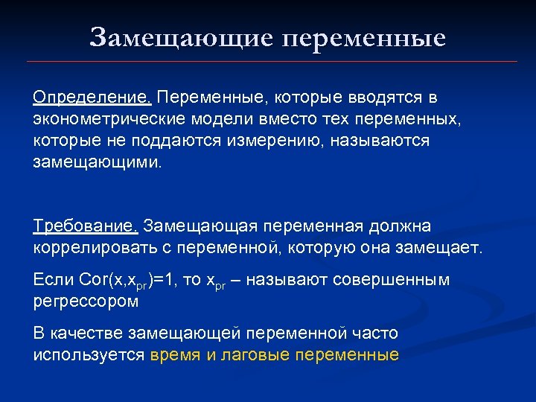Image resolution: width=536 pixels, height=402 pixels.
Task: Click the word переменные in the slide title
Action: click(x=364, y=36)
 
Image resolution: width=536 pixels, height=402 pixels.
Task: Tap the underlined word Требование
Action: click(x=86, y=225)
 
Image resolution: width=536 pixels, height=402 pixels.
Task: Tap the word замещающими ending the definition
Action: click(x=96, y=162)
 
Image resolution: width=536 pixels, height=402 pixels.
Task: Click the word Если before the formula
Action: click(x=53, y=279)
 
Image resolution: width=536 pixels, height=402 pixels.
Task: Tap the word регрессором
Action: click(x=86, y=301)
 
